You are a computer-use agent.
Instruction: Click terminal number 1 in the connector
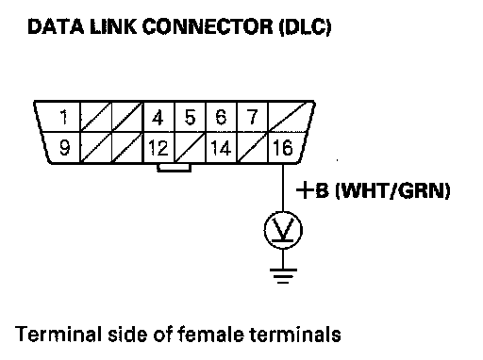[x=64, y=117]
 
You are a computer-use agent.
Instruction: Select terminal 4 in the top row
[x=158, y=118]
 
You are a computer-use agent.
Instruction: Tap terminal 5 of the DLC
[x=190, y=117]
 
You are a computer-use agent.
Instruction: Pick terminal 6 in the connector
[x=221, y=117]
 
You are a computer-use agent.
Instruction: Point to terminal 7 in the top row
[x=252, y=117]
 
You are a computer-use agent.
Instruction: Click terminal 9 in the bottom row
[x=65, y=148]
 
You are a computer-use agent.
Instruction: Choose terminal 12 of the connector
[x=158, y=148]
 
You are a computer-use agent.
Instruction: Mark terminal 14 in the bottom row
[x=221, y=148]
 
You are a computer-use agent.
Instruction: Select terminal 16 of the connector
[x=283, y=148]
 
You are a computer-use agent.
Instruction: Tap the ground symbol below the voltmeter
[x=283, y=276]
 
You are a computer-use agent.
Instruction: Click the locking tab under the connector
[x=174, y=168]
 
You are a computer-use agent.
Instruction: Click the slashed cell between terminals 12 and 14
[x=190, y=147]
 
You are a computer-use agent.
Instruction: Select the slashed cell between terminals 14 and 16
[x=252, y=147]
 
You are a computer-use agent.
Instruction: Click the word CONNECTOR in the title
[x=208, y=26]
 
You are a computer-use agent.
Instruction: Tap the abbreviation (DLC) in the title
[x=305, y=27]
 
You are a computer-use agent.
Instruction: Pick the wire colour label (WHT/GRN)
[x=393, y=190]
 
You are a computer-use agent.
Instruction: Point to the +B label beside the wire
[x=312, y=190]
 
